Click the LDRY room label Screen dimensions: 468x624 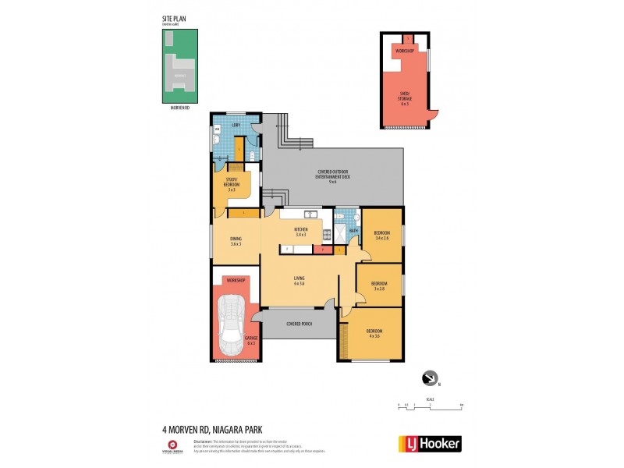pos(236,123)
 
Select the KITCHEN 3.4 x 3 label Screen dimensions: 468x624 pos(300,232)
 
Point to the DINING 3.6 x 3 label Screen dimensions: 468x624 pos(236,241)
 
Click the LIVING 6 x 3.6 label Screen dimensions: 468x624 pos(299,280)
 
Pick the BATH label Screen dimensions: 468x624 pos(353,230)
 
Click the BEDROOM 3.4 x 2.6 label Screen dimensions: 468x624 pos(382,236)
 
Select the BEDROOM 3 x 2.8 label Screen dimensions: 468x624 pos(379,285)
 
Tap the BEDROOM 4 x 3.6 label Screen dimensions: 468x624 pos(374,333)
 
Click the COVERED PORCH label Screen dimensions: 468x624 pos(299,323)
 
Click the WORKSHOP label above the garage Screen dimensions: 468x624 pos(235,280)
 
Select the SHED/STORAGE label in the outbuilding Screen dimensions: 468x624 pos(404,99)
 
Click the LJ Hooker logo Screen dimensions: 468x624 pos(430,444)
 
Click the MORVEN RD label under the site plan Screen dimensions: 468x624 pos(179,108)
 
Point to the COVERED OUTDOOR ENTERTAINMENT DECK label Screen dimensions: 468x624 pos(333,175)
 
